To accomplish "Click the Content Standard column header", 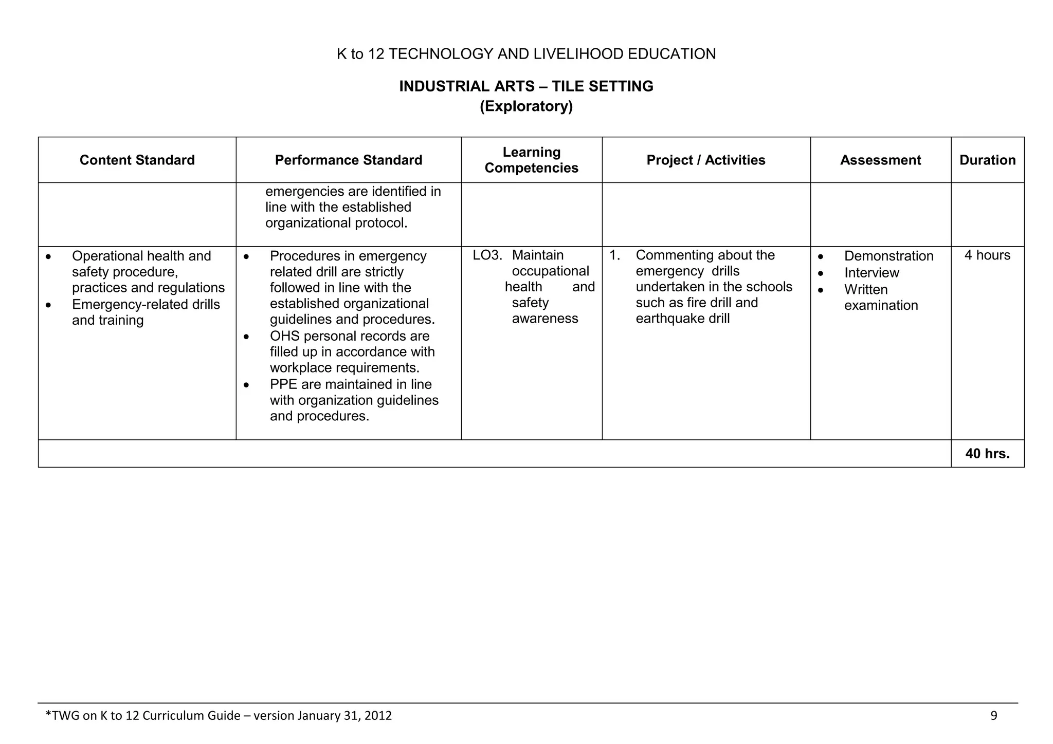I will [x=137, y=160].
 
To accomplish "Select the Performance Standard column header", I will [x=349, y=160].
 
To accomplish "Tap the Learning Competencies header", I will [x=531, y=160].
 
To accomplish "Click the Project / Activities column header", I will [x=705, y=160].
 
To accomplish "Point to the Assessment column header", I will [x=880, y=160].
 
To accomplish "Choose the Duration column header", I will [x=987, y=160].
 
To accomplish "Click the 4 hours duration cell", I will [x=987, y=255].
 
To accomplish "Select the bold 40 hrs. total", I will [x=987, y=454].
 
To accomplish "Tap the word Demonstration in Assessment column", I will [x=888, y=256].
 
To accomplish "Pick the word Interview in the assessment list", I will [x=872, y=273].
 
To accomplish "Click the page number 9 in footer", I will [x=993, y=716].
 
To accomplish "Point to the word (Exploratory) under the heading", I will [x=526, y=106].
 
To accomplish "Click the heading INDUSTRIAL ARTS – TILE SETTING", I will [x=526, y=86].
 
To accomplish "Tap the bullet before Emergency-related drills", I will [x=48, y=305].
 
